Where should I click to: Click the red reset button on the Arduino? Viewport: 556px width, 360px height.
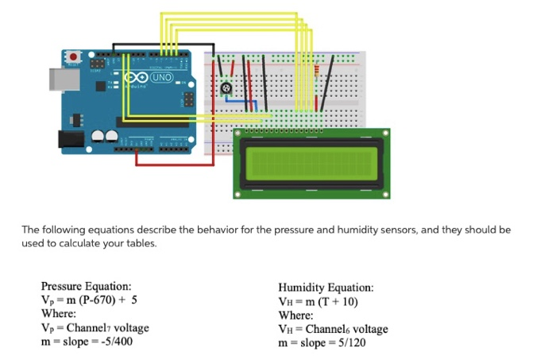pos(74,57)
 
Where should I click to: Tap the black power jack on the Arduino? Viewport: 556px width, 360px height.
pos(72,140)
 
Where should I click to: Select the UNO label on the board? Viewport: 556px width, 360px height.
pos(161,77)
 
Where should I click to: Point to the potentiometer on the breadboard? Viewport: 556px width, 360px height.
pos(228,88)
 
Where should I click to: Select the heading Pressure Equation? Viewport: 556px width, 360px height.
pos(86,287)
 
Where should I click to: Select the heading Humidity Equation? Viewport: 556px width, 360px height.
pos(325,288)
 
